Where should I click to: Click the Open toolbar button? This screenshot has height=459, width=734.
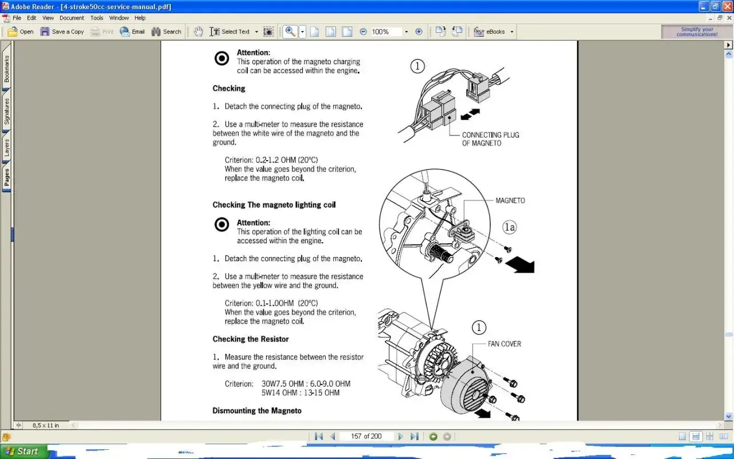pyautogui.click(x=20, y=32)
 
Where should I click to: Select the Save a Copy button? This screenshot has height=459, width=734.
pyautogui.click(x=62, y=32)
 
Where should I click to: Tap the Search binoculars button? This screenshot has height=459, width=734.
pyautogui.click(x=166, y=32)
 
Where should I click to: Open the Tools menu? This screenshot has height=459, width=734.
pyautogui.click(x=97, y=18)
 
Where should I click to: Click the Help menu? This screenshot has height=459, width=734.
pyautogui.click(x=140, y=18)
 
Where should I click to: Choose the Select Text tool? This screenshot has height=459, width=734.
pyautogui.click(x=233, y=32)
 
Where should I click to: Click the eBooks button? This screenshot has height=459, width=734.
pyautogui.click(x=493, y=32)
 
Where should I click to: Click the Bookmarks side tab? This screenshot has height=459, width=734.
pyautogui.click(x=6, y=68)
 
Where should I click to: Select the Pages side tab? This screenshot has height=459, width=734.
pyautogui.click(x=6, y=177)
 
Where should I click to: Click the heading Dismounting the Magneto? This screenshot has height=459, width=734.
pyautogui.click(x=257, y=410)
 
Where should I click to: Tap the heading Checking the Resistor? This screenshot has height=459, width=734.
pyautogui.click(x=251, y=339)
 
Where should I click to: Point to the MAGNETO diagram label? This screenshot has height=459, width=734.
pyautogui.click(x=510, y=201)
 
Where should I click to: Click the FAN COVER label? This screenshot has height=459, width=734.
pyautogui.click(x=504, y=344)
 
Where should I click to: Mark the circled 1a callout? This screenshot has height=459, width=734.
pyautogui.click(x=510, y=227)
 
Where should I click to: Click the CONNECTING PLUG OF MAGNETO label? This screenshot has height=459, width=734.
pyautogui.click(x=490, y=139)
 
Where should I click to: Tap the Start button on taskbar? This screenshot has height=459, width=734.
pyautogui.click(x=23, y=452)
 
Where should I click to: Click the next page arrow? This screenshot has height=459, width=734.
pyautogui.click(x=400, y=437)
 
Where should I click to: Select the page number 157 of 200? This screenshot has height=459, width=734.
pyautogui.click(x=366, y=437)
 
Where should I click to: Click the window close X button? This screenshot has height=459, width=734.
pyautogui.click(x=728, y=6)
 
